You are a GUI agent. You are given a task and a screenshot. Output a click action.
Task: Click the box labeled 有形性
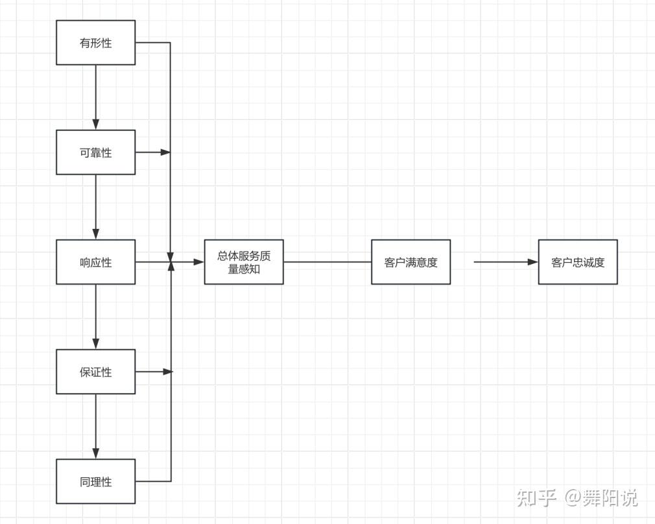(x=95, y=43)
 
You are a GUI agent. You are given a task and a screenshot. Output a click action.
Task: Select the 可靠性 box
(x=95, y=152)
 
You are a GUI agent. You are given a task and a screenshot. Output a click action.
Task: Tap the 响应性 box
(x=95, y=262)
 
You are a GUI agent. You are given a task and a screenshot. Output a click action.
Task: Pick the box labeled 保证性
(x=95, y=372)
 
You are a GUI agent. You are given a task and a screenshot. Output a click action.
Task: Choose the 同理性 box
(x=95, y=481)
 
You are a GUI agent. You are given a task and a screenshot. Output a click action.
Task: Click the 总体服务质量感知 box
(x=244, y=262)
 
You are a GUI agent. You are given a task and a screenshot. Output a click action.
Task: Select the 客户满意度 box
(x=411, y=262)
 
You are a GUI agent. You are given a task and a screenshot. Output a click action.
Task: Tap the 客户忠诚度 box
(x=577, y=262)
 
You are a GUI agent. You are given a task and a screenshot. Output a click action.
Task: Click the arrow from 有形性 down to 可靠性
(x=96, y=97)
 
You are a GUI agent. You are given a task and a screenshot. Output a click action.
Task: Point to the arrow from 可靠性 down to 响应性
(x=96, y=207)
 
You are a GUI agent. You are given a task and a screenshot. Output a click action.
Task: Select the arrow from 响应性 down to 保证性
(x=96, y=316)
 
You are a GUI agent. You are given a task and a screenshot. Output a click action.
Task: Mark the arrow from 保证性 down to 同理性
(x=96, y=426)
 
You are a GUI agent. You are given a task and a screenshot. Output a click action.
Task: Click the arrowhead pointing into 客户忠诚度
(x=533, y=262)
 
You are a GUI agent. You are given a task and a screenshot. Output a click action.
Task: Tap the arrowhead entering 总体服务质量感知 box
(x=199, y=262)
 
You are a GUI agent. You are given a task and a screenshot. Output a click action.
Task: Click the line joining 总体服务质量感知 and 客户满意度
(x=327, y=262)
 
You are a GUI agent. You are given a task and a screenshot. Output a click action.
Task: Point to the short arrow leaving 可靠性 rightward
(x=152, y=152)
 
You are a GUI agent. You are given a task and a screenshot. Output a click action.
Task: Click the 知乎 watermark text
(x=537, y=498)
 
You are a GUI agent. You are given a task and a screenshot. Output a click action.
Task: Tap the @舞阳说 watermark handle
(x=601, y=498)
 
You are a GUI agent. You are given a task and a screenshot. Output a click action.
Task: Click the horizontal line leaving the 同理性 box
(x=153, y=481)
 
